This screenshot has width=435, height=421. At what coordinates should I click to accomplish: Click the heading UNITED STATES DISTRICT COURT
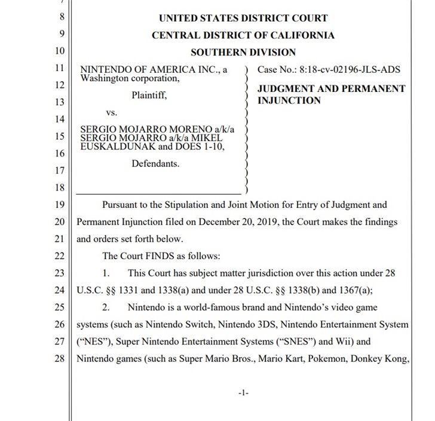click(x=243, y=19)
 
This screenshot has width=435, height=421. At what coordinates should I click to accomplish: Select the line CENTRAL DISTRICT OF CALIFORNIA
click(x=243, y=35)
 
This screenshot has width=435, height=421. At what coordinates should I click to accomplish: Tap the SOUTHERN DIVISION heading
click(x=243, y=53)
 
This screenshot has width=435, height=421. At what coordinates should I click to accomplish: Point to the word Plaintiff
click(x=149, y=95)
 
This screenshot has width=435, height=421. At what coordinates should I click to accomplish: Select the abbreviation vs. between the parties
click(x=112, y=112)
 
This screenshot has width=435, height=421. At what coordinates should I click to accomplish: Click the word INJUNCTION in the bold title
click(x=289, y=100)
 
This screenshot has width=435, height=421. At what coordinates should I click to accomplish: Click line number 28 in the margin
click(x=59, y=359)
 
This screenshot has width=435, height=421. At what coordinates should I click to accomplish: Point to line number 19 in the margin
click(x=59, y=205)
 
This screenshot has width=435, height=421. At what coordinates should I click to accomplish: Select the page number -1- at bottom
click(x=243, y=393)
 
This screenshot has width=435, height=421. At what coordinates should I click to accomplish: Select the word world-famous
click(x=215, y=308)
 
